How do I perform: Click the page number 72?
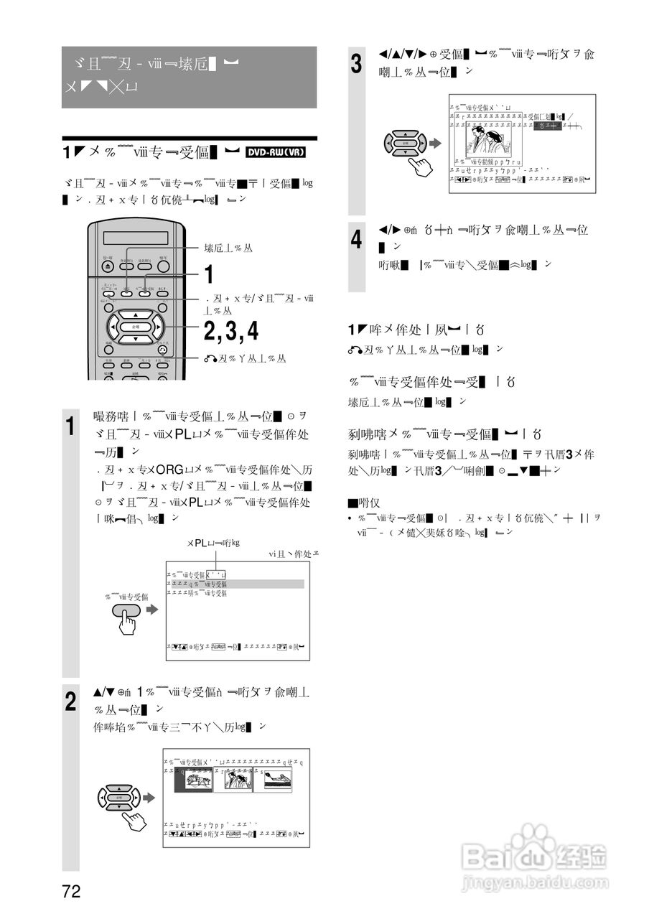click(71, 892)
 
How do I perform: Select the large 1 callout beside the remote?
click(209, 274)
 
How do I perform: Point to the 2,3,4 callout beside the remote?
click(230, 331)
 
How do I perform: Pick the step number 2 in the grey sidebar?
click(70, 701)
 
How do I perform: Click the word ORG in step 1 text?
click(170, 470)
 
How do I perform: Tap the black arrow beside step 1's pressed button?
click(151, 610)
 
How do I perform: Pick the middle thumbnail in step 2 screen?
click(236, 779)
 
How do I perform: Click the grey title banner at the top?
click(189, 77)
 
